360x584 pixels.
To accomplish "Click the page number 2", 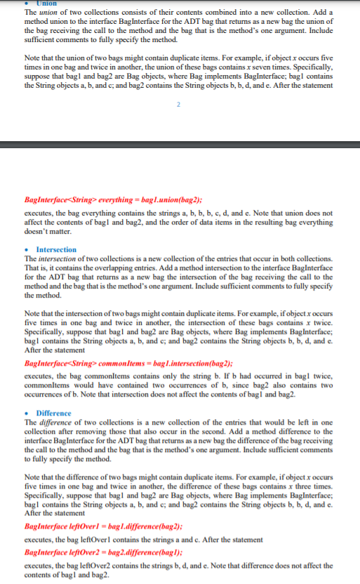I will coord(179,105).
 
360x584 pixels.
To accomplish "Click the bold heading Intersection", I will coord(56,250).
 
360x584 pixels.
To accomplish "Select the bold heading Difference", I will coord(53,413).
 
